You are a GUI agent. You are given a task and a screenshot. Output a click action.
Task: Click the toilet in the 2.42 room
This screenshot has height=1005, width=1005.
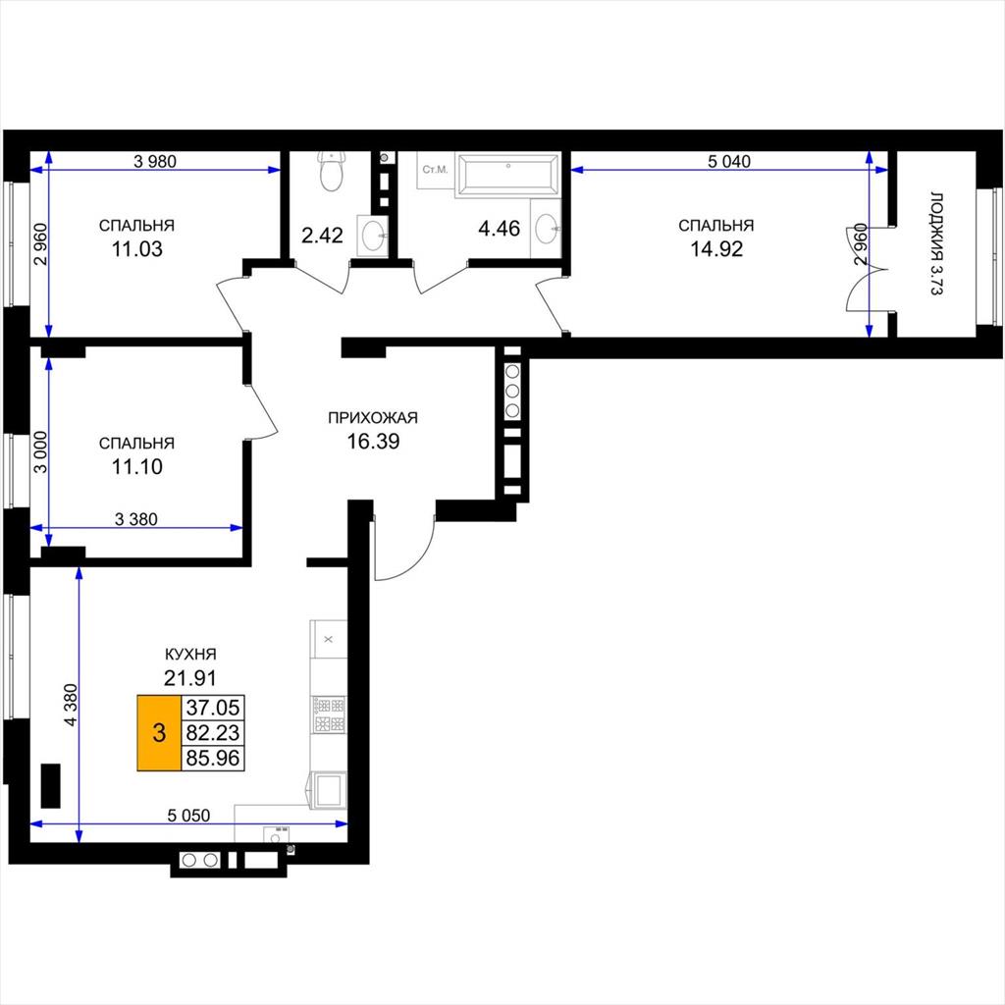(331, 171)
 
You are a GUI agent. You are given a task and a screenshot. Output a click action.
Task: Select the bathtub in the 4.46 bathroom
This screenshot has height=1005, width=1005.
(507, 174)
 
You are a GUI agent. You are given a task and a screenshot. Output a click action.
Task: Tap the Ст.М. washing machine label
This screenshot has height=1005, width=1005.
(435, 169)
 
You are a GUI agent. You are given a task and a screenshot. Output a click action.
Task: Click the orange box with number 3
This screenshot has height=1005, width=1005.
(159, 732)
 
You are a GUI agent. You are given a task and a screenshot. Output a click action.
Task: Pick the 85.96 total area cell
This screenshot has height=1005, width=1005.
(212, 759)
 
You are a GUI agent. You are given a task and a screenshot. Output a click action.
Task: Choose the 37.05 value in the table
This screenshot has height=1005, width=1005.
(212, 708)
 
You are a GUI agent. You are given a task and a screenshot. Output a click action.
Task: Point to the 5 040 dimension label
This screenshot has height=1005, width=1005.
(729, 162)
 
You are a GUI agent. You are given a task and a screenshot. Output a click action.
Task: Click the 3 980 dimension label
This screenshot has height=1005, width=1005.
(154, 162)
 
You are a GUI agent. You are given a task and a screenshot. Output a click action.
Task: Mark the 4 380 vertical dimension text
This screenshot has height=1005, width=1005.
(70, 705)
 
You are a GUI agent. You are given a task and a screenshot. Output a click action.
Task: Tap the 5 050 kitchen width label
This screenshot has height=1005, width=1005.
(188, 816)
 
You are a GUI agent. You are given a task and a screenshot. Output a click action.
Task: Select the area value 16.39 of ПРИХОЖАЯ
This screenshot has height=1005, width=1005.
(373, 441)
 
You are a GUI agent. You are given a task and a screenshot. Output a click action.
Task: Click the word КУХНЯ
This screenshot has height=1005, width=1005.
(190, 655)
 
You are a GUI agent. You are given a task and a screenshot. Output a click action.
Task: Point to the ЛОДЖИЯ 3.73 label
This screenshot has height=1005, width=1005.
(936, 243)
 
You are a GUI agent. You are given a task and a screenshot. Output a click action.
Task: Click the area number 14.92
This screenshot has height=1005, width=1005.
(715, 248)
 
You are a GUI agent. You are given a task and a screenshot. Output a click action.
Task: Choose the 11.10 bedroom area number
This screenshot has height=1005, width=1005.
(137, 466)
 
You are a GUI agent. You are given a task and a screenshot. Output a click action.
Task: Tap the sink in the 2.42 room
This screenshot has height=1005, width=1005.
(372, 236)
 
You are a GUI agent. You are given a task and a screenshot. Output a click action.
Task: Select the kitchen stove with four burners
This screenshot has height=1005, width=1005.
(329, 715)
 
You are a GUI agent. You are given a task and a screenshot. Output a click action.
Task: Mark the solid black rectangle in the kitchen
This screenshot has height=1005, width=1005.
(51, 786)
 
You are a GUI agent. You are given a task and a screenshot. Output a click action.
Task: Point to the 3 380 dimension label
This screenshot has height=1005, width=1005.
(135, 519)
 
